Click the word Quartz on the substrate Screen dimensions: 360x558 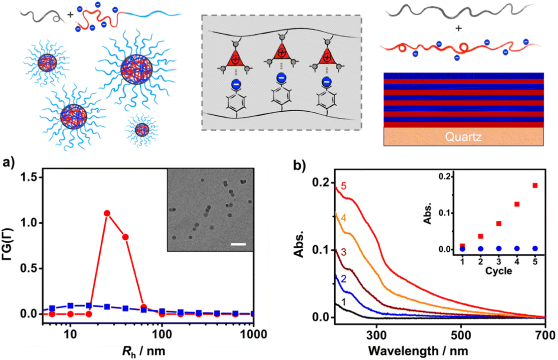click(463, 137)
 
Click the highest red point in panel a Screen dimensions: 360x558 click(107, 213)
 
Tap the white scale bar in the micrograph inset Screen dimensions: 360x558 click(239, 244)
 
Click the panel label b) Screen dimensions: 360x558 click(299, 165)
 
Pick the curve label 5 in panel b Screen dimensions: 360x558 click(344, 186)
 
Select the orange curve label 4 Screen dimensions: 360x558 click(343, 218)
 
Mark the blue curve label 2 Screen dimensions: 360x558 click(343, 279)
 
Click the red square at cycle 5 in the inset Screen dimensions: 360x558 click(535, 186)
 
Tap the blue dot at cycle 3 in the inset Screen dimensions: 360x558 click(499, 249)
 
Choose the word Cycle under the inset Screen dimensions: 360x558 click(498, 271)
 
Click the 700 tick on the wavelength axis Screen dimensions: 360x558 click(545, 335)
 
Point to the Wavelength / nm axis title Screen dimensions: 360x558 click(418, 351)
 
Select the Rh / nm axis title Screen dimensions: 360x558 click(144, 351)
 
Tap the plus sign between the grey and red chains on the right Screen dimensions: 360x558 click(458, 29)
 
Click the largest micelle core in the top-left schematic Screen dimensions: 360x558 click(137, 70)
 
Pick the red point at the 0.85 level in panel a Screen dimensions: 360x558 click(125, 237)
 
